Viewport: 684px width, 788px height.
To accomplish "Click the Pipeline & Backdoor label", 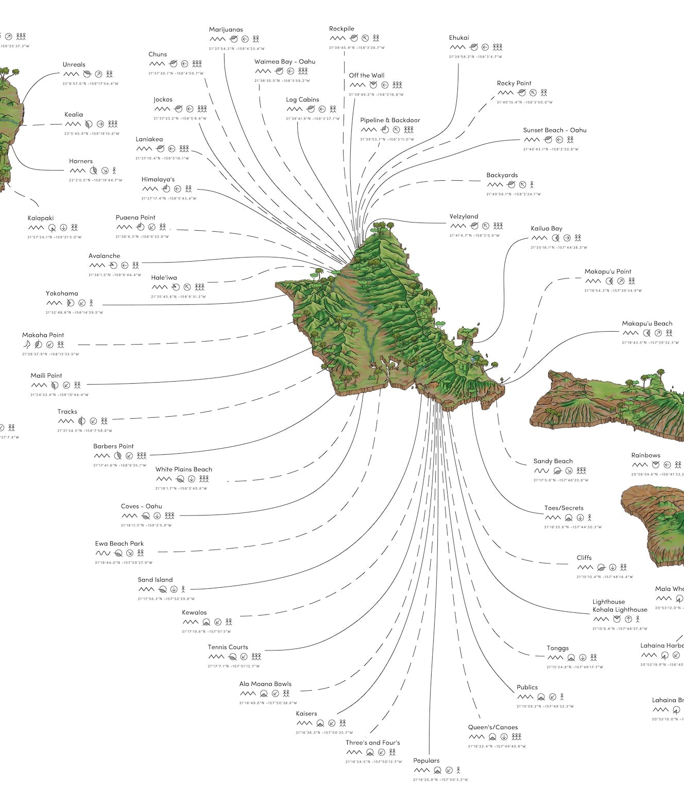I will pyautogui.click(x=390, y=120).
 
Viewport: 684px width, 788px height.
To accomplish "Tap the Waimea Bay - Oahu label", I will pyautogui.click(x=284, y=62).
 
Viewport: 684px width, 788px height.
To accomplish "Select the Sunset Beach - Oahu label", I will pyautogui.click(x=555, y=130).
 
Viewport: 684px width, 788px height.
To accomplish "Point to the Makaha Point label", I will pyautogui.click(x=43, y=335).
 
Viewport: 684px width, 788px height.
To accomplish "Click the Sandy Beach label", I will pyautogui.click(x=553, y=461).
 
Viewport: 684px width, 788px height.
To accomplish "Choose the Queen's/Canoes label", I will pyautogui.click(x=492, y=727).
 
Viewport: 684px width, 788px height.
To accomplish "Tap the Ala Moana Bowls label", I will pyautogui.click(x=265, y=684).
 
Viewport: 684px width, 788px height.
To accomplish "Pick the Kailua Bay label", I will pyautogui.click(x=546, y=229).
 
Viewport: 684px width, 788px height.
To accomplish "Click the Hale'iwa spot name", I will pyautogui.click(x=164, y=278).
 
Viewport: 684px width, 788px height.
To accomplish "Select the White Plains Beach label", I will pyautogui.click(x=183, y=469).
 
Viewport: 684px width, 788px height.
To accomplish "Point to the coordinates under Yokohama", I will pyautogui.click(x=74, y=313).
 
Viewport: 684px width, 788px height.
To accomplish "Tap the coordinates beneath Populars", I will pyautogui.click(x=440, y=780).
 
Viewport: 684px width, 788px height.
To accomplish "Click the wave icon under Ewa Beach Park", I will pyautogui.click(x=102, y=553).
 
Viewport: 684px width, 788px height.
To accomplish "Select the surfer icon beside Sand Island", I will pyautogui.click(x=183, y=589).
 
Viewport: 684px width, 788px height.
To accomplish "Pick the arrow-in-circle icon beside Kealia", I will pyautogui.click(x=100, y=124).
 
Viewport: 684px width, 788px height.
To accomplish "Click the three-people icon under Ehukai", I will pyautogui.click(x=497, y=47).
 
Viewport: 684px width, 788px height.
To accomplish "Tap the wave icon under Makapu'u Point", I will pyautogui.click(x=593, y=281).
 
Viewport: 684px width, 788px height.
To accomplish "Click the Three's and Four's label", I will pyautogui.click(x=372, y=743).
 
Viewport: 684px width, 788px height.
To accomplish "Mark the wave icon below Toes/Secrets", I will pyautogui.click(x=552, y=518).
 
